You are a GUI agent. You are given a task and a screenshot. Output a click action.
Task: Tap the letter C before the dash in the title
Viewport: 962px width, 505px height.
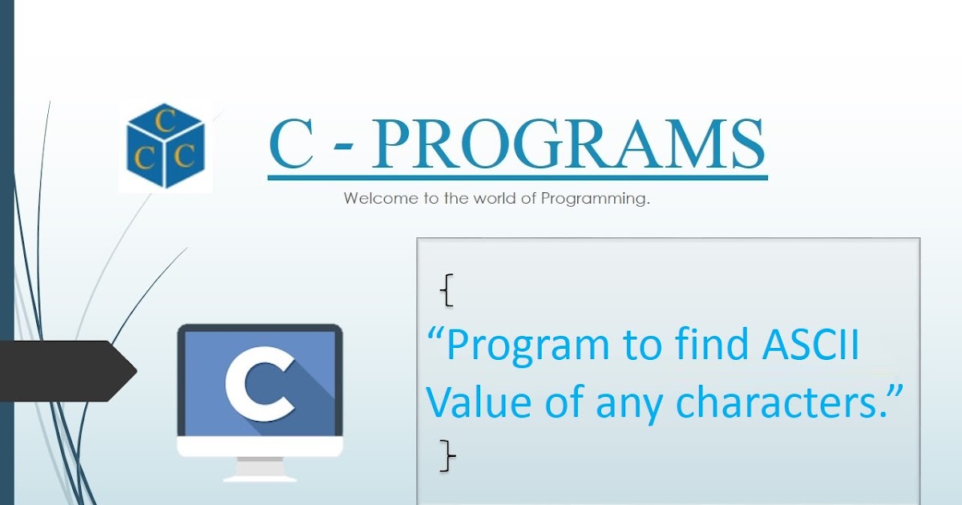290,145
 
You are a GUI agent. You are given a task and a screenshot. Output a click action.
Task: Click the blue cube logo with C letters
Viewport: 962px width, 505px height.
166,146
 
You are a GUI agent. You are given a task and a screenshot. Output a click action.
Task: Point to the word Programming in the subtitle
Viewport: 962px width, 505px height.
594,199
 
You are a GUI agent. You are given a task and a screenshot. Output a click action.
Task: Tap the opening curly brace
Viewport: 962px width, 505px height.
447,290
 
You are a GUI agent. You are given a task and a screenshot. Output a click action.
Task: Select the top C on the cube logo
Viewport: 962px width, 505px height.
166,122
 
